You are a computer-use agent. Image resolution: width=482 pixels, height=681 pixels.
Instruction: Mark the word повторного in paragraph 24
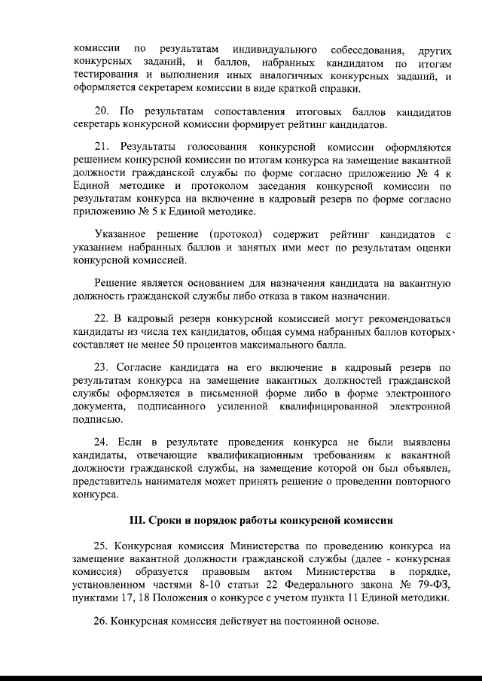423,483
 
